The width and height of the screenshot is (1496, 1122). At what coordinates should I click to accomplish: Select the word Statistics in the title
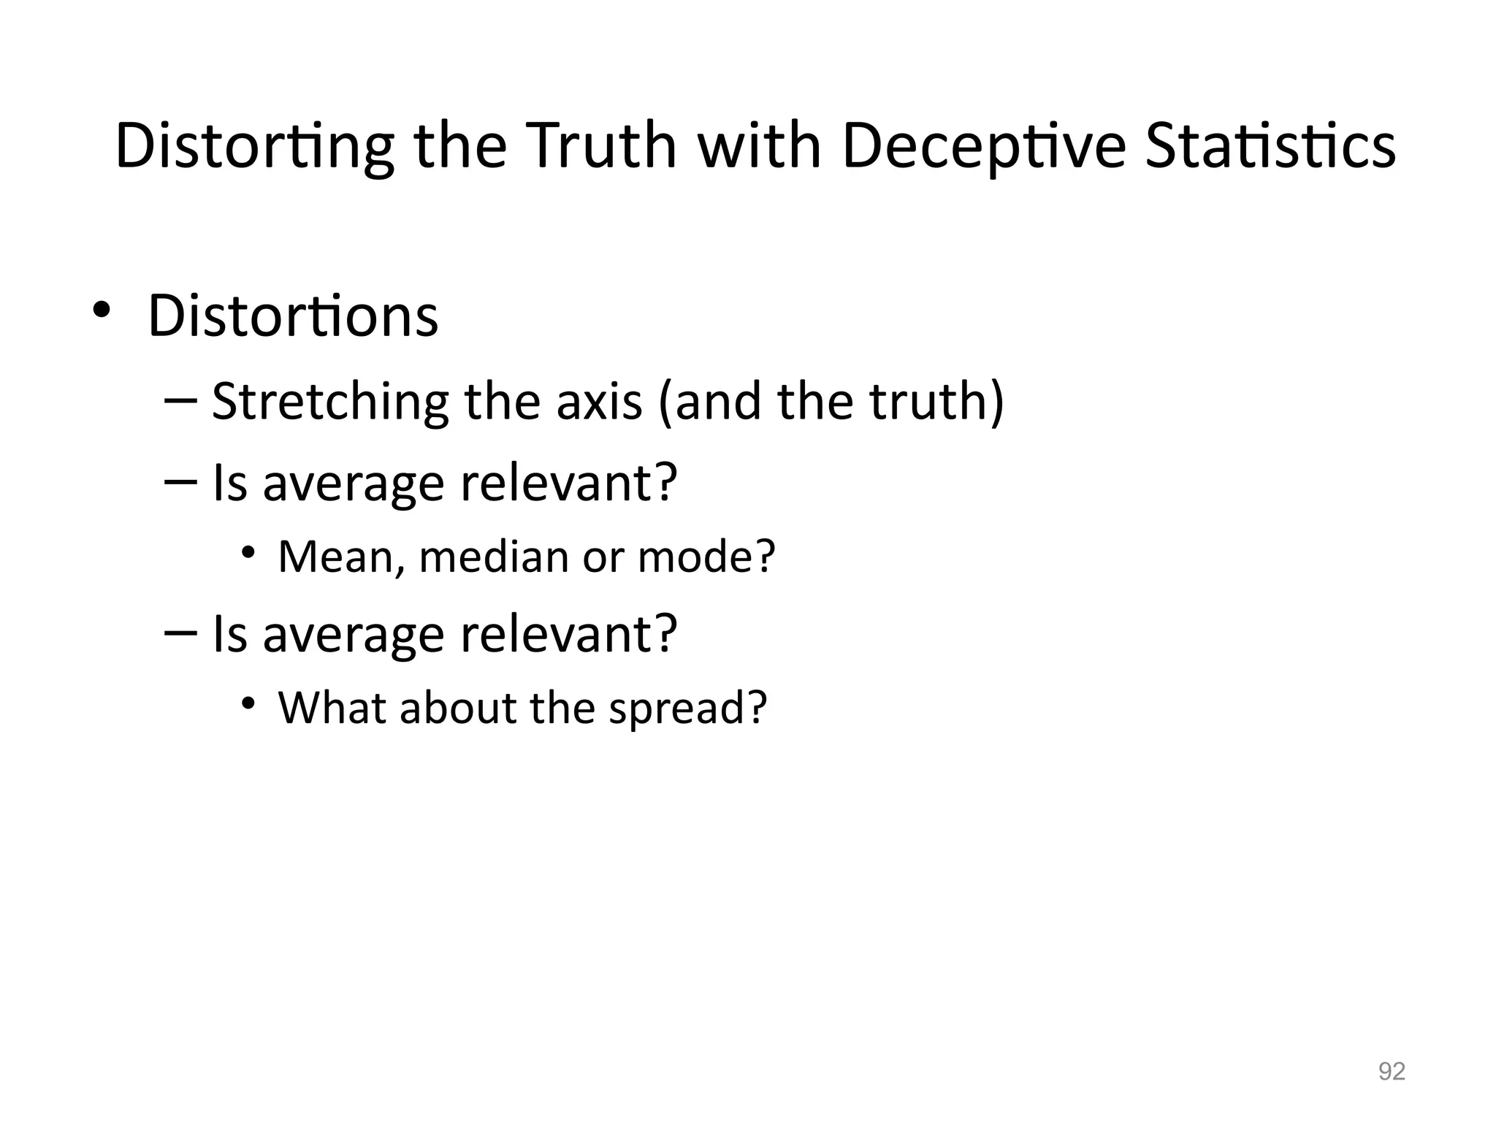click(x=1270, y=146)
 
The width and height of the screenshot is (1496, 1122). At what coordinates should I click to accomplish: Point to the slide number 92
click(x=1392, y=1072)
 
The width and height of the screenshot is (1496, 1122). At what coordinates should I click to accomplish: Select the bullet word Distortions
click(x=293, y=316)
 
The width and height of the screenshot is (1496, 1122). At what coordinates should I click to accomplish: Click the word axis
click(x=599, y=402)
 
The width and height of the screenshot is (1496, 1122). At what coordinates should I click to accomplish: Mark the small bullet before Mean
click(x=249, y=552)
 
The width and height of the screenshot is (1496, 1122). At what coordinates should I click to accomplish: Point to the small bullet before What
click(x=249, y=703)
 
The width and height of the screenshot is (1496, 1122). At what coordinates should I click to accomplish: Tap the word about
click(x=459, y=708)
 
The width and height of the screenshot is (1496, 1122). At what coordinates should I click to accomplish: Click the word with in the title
click(x=759, y=146)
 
